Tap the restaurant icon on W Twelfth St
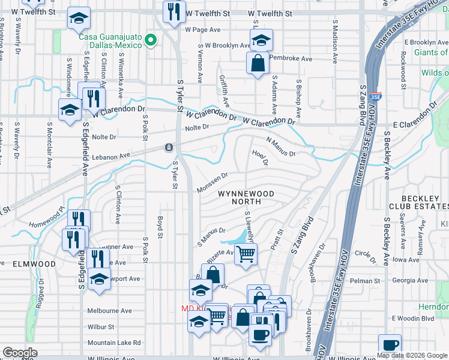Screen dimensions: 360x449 (x=173, y=12)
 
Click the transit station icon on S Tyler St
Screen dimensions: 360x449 (x=170, y=148)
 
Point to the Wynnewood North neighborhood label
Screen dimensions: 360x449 (x=246, y=198)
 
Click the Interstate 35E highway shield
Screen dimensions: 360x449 (x=375, y=95)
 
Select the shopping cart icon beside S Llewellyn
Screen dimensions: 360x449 (x=246, y=254)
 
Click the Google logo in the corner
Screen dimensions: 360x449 (x=20, y=353)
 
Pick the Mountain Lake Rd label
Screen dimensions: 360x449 (x=113, y=343)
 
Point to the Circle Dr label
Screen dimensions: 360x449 (x=363, y=253)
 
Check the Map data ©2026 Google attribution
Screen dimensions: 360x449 (x=411, y=355)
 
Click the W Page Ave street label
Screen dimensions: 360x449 (x=203, y=29)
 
